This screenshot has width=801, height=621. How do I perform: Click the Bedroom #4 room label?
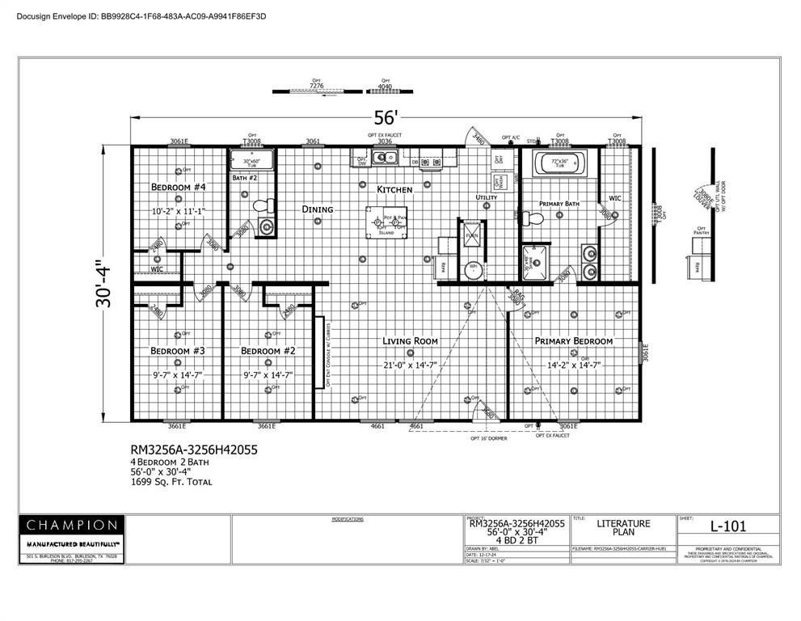[179, 188]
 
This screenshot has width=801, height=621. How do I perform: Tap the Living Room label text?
[410, 341]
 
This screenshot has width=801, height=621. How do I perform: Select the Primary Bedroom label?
[573, 341]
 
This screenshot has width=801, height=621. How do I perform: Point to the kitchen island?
[385, 221]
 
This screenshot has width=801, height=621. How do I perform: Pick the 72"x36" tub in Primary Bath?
[563, 167]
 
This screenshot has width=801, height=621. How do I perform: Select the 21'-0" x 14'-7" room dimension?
[410, 365]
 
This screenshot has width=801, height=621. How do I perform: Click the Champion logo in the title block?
[72, 525]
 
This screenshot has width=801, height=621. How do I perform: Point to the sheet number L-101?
[727, 526]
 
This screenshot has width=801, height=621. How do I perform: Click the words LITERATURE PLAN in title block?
[622, 528]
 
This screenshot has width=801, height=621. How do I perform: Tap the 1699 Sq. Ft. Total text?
[171, 482]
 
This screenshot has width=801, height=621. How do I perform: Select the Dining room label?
[318, 209]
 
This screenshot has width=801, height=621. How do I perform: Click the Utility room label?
[487, 197]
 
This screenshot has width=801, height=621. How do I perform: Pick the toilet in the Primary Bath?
[531, 219]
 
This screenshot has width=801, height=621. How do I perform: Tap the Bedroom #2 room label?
[267, 351]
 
